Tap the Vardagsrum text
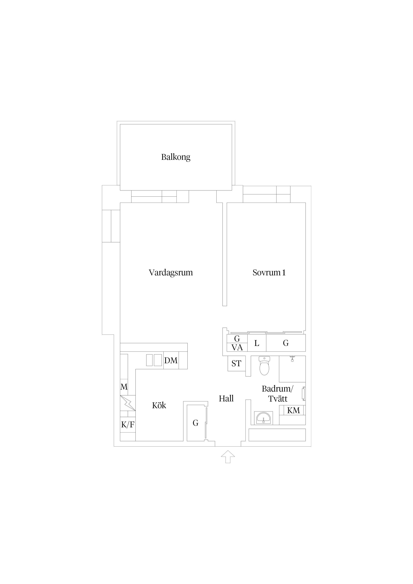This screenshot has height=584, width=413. point(171,273)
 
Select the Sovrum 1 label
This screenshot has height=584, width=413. point(269,273)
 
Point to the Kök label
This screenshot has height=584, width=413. point(159,405)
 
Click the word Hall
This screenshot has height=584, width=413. point(226,399)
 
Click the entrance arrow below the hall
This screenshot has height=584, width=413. point(228,456)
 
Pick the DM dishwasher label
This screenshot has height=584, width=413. point(171,360)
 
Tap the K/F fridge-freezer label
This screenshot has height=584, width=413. point(128,425)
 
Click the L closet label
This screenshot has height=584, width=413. point(257,343)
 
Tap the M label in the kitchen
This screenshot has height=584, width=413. point(124,387)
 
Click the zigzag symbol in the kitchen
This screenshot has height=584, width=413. point(128,403)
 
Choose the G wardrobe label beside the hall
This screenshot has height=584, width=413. point(196,423)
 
